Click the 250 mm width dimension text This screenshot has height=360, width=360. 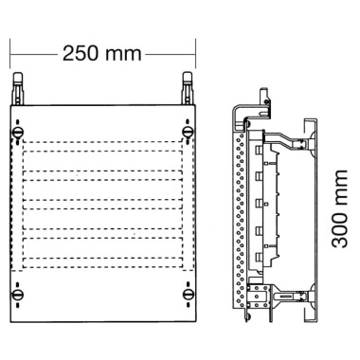101,54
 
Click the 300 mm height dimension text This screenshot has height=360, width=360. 340,208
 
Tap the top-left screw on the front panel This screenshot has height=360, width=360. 18,132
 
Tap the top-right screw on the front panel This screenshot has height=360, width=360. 188,132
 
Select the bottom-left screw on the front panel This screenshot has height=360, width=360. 18,295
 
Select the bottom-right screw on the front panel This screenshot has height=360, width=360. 188,295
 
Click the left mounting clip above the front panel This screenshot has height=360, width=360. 18,89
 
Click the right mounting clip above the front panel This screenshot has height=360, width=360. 188,89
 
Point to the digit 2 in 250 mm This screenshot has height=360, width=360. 68,54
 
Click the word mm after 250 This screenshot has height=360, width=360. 124,55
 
